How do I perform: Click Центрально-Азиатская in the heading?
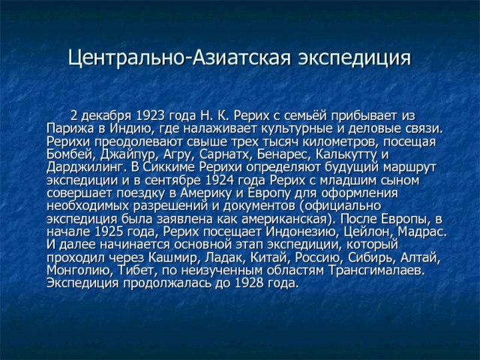178,58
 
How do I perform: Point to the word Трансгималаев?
376,271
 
